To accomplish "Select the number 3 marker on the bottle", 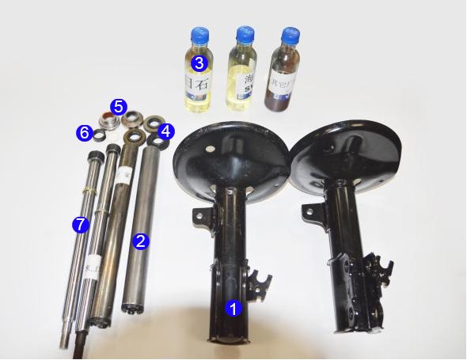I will tap(199, 62).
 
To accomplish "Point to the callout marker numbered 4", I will tap(165, 131).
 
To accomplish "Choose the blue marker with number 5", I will tap(118, 105).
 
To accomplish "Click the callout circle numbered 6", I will tap(84, 133).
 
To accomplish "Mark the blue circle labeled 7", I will tap(78, 225).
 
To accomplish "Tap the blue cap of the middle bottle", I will tap(243, 35).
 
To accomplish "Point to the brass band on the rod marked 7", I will tap(93, 192).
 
